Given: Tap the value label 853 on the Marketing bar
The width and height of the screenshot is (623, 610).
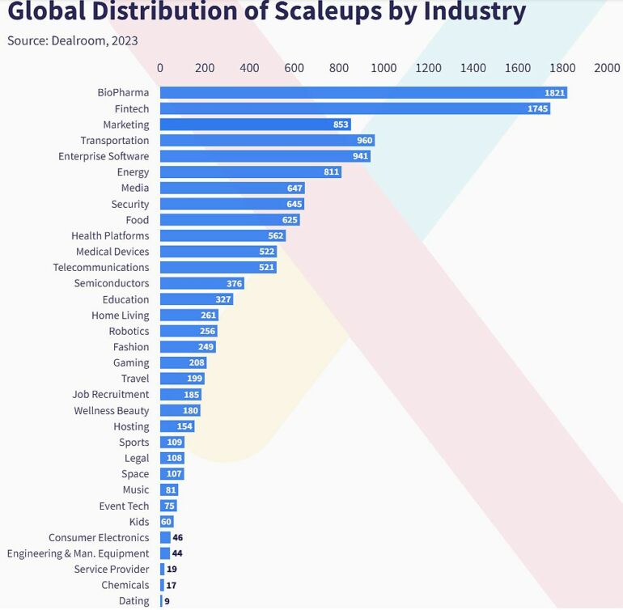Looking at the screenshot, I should coord(341,125).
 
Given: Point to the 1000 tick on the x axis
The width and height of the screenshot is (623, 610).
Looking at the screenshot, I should coord(384,69).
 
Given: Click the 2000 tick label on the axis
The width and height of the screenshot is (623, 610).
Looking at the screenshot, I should coord(607,69).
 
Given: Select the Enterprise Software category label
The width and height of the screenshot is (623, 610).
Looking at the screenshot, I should coord(104,156).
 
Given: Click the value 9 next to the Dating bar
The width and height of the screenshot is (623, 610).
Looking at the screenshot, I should coord(167,601).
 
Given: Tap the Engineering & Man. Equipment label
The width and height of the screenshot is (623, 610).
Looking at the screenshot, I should coord(78,553).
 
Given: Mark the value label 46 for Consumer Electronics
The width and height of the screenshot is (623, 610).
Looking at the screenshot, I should coord(178,537).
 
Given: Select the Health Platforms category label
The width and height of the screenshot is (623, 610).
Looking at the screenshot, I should coord(110,235).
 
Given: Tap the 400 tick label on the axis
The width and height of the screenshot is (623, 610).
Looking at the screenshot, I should coord(249,69).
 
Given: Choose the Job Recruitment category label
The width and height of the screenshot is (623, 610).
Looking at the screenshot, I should coord(111,394).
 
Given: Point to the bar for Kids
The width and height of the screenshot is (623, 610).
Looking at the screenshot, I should coord(167,522).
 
